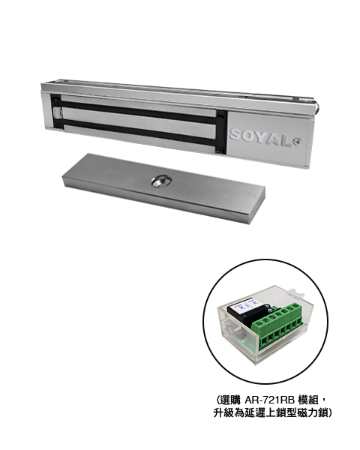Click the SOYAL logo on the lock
[265, 138]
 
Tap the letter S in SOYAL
[236, 135]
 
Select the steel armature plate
[163, 188]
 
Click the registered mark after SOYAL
[298, 142]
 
